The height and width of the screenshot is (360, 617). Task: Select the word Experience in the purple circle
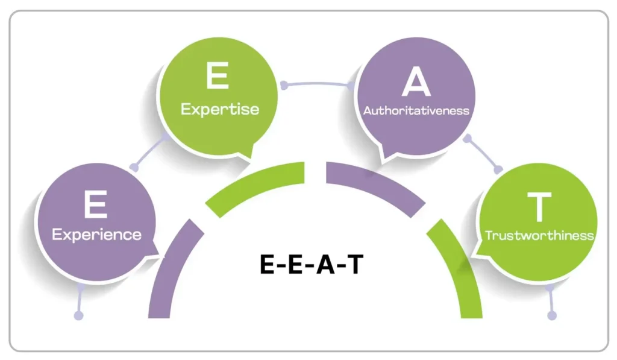click(x=96, y=234)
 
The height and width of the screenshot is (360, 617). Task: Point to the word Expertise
click(x=219, y=109)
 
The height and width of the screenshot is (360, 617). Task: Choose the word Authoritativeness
click(x=416, y=111)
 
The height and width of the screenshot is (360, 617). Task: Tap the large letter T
click(x=539, y=206)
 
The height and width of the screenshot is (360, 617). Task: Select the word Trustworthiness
click(x=540, y=235)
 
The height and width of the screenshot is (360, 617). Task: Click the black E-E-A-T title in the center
click(x=312, y=264)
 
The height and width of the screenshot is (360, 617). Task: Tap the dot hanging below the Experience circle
click(x=78, y=315)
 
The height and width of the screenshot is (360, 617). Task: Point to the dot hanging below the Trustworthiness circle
click(x=552, y=315)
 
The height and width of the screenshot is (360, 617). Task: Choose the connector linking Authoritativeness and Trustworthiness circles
click(x=482, y=154)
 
